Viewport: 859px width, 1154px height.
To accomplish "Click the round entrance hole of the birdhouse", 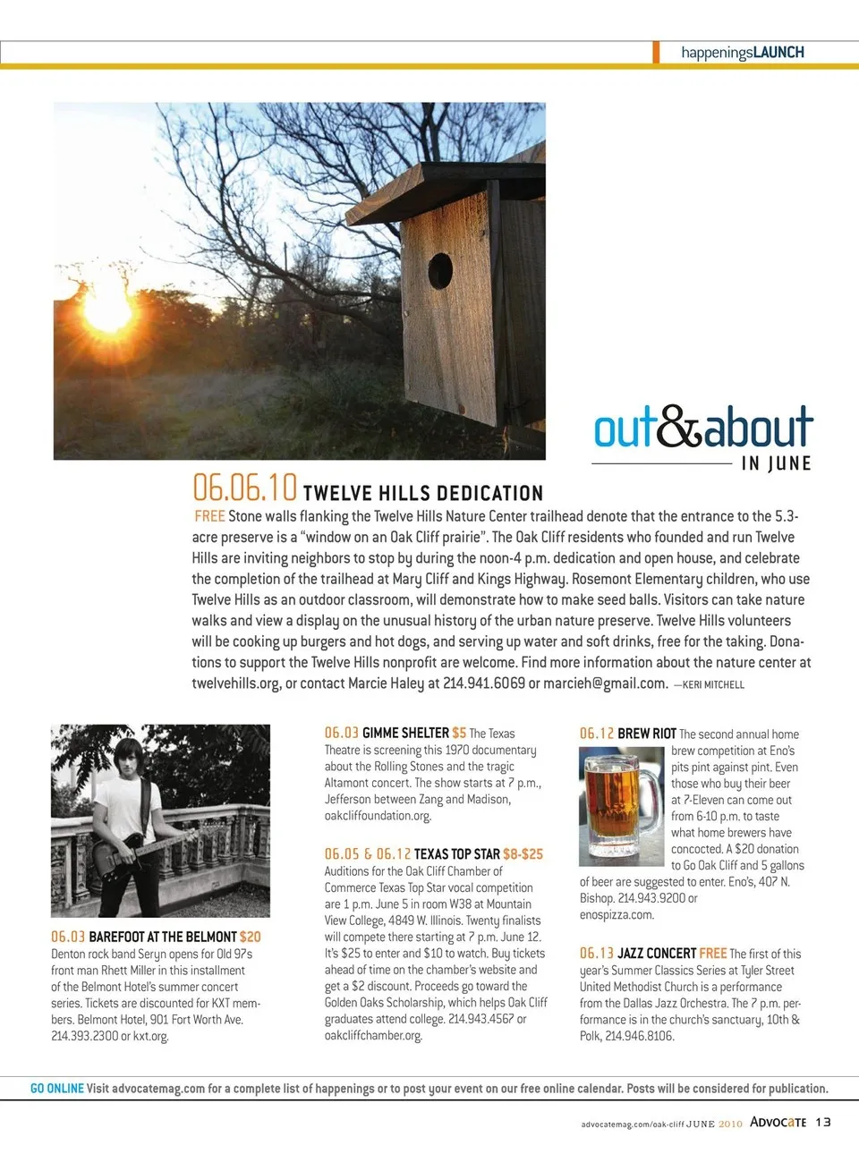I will click(x=440, y=270).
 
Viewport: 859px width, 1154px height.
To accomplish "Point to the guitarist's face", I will click(x=131, y=761).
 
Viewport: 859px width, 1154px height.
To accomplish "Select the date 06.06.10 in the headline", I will click(x=244, y=488).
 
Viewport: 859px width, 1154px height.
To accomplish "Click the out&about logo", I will click(x=703, y=427).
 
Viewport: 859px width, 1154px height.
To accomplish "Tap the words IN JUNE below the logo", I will click(x=776, y=463).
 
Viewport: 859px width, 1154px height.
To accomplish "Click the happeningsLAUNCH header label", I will click(x=742, y=53).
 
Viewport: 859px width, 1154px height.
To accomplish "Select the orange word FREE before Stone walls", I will click(x=209, y=516).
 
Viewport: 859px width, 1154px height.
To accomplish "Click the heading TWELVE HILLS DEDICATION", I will click(x=422, y=493).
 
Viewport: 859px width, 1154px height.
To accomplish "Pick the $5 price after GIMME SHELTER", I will click(x=459, y=733).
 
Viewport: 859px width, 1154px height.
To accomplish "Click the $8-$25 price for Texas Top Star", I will click(x=523, y=854).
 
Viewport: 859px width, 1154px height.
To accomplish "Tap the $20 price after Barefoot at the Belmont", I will click(x=251, y=937).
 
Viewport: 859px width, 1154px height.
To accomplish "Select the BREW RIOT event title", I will click(x=646, y=734).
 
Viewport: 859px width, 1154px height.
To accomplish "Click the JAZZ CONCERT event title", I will click(x=656, y=954).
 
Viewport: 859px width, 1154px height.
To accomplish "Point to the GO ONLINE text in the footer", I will click(x=57, y=1089).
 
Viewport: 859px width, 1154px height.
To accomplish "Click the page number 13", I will click(x=823, y=1122).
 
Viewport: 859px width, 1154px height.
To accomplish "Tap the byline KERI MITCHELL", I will click(x=712, y=684).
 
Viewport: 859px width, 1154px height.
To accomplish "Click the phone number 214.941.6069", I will click(x=482, y=683).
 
